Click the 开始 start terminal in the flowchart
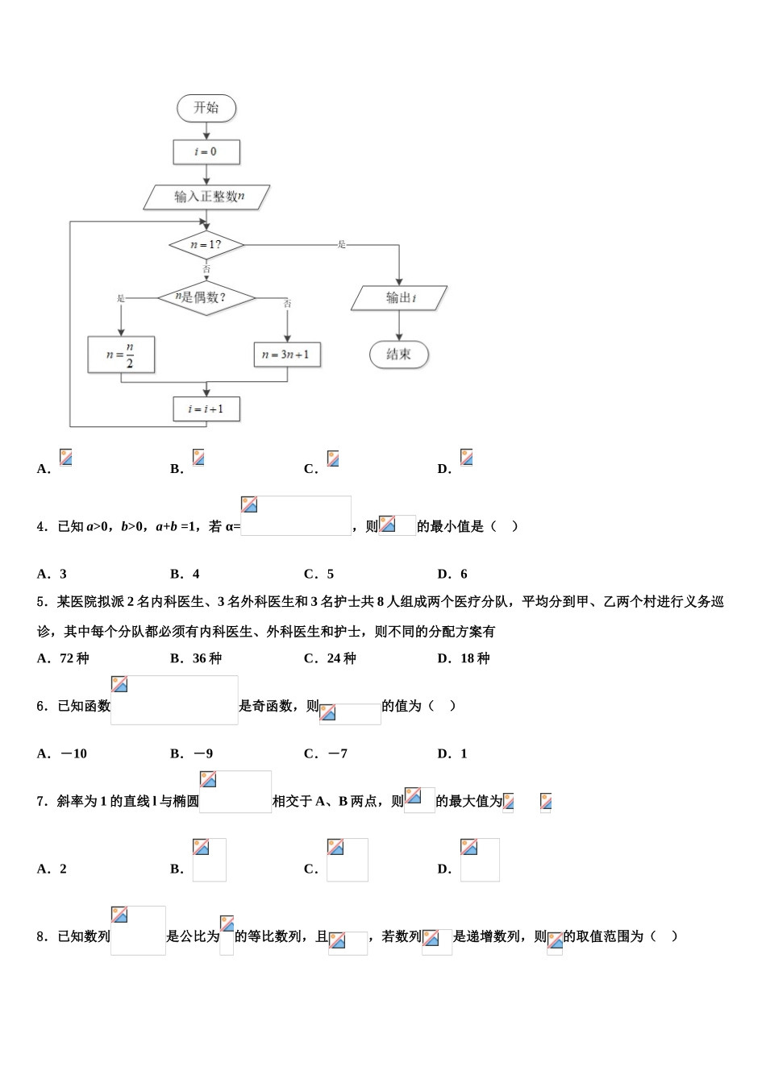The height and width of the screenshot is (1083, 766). [x=206, y=108]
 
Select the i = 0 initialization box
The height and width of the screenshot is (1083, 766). [x=206, y=151]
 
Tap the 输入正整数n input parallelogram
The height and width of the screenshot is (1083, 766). [x=207, y=197]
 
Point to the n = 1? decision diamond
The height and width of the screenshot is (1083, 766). [x=206, y=244]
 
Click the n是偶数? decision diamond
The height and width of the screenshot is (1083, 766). [x=206, y=297]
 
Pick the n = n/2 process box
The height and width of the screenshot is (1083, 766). [x=121, y=355]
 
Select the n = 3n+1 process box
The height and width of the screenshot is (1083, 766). [x=287, y=355]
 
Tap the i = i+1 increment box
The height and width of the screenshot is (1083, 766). [x=206, y=409]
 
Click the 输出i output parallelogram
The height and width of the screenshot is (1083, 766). [x=399, y=298]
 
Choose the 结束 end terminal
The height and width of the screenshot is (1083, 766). [x=399, y=354]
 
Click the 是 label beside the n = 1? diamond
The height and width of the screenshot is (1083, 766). [x=342, y=244]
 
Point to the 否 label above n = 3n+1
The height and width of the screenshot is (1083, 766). [x=288, y=304]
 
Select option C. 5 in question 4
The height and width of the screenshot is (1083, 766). [x=319, y=574]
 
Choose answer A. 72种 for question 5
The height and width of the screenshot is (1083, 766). [x=63, y=658]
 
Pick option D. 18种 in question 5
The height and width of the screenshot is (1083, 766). [x=464, y=658]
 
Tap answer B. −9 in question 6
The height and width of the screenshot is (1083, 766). [x=192, y=753]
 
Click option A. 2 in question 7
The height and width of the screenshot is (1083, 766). [x=52, y=869]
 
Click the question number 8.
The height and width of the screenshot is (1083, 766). [x=42, y=936]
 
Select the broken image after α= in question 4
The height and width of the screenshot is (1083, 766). [x=296, y=516]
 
